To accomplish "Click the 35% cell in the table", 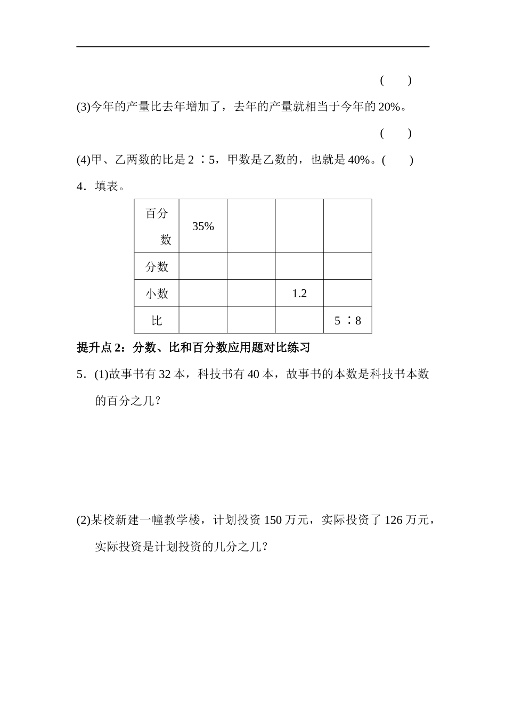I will coord(203,226).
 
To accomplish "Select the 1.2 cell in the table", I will coord(299,294).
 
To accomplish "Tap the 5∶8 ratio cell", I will coord(347,321).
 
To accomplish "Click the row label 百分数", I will coord(157,226).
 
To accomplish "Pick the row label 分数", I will coord(157,266).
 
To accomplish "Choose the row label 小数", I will coord(157,294).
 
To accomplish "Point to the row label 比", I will coord(157,321).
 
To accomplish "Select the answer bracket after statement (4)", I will coord(397,160).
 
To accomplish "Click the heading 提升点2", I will coord(102,348).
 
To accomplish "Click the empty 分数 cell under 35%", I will coord(203,266).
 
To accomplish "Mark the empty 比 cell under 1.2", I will coord(299,321).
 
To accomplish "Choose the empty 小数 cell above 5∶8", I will coord(347,294).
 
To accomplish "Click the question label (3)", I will coord(84,107).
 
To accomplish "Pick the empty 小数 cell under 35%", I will coord(203,294).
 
